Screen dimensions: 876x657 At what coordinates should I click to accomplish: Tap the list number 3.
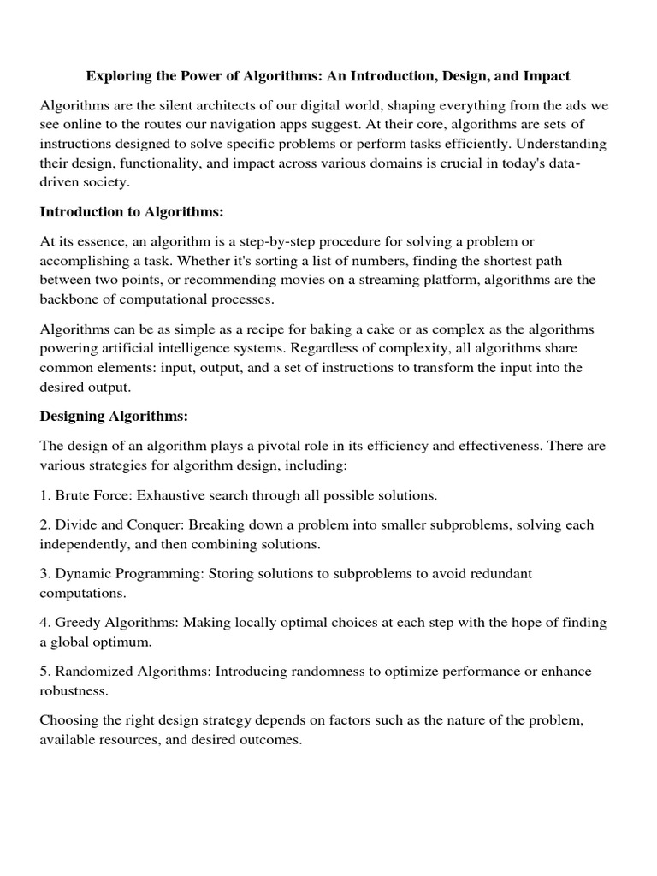tap(44, 573)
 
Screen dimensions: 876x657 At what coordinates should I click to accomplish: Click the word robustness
tap(74, 690)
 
